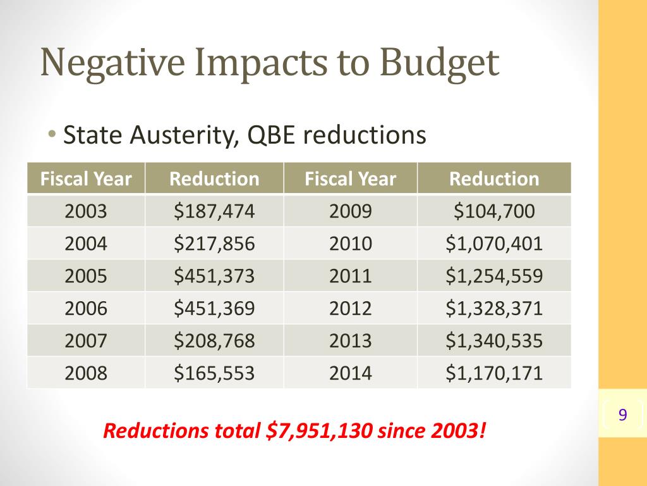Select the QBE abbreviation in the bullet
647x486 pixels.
click(269, 135)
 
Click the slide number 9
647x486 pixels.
click(623, 416)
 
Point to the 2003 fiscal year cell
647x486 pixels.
click(86, 211)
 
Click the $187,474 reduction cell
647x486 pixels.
click(214, 211)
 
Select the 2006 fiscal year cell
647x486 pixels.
click(86, 308)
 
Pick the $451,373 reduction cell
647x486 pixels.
click(214, 276)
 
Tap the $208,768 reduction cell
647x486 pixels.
click(214, 341)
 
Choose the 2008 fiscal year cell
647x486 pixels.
click(86, 373)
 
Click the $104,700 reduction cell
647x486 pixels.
click(494, 211)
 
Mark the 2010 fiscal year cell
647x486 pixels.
click(351, 243)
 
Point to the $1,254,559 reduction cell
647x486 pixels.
click(494, 276)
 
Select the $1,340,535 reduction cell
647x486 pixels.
click(494, 341)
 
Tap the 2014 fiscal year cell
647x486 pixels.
click(351, 373)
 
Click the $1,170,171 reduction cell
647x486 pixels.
click(494, 373)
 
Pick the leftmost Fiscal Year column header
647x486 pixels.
click(86, 179)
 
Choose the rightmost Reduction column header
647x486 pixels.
click(494, 179)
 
